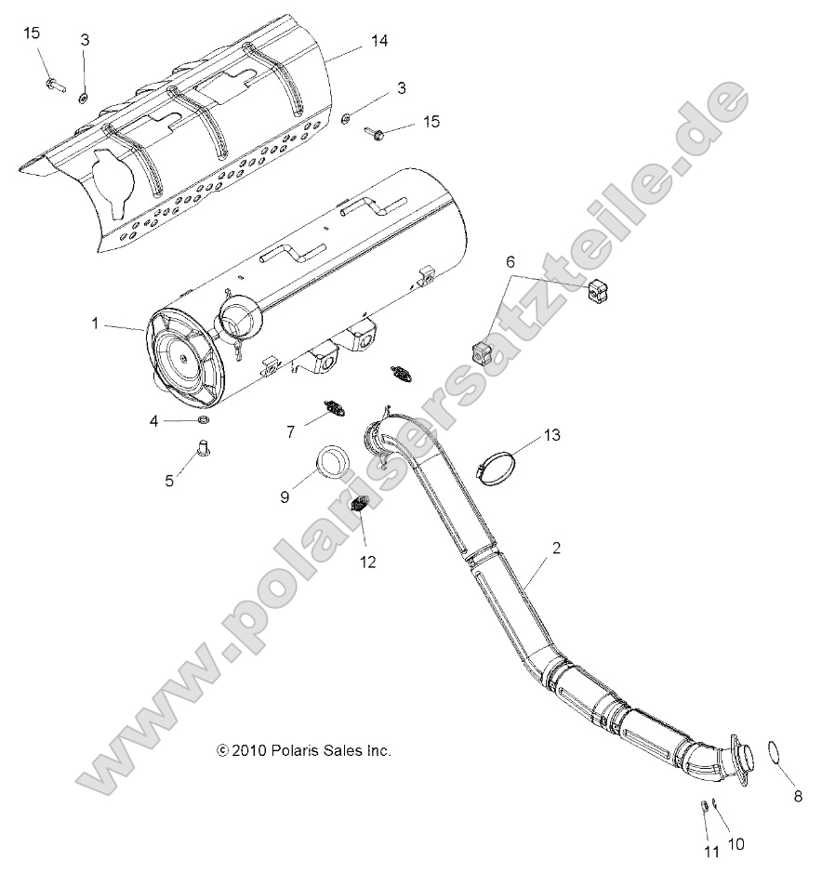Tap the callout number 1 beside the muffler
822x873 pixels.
point(95,324)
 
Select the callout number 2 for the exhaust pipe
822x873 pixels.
point(555,549)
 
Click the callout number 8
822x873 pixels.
point(796,796)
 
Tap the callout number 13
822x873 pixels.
point(552,435)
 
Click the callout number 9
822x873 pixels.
point(285,497)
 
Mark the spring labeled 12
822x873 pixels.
point(361,507)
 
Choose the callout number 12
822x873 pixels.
point(368,562)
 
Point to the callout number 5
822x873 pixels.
point(169,481)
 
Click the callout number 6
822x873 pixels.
point(509,263)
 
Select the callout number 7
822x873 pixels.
point(290,430)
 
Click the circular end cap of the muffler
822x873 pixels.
point(184,358)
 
